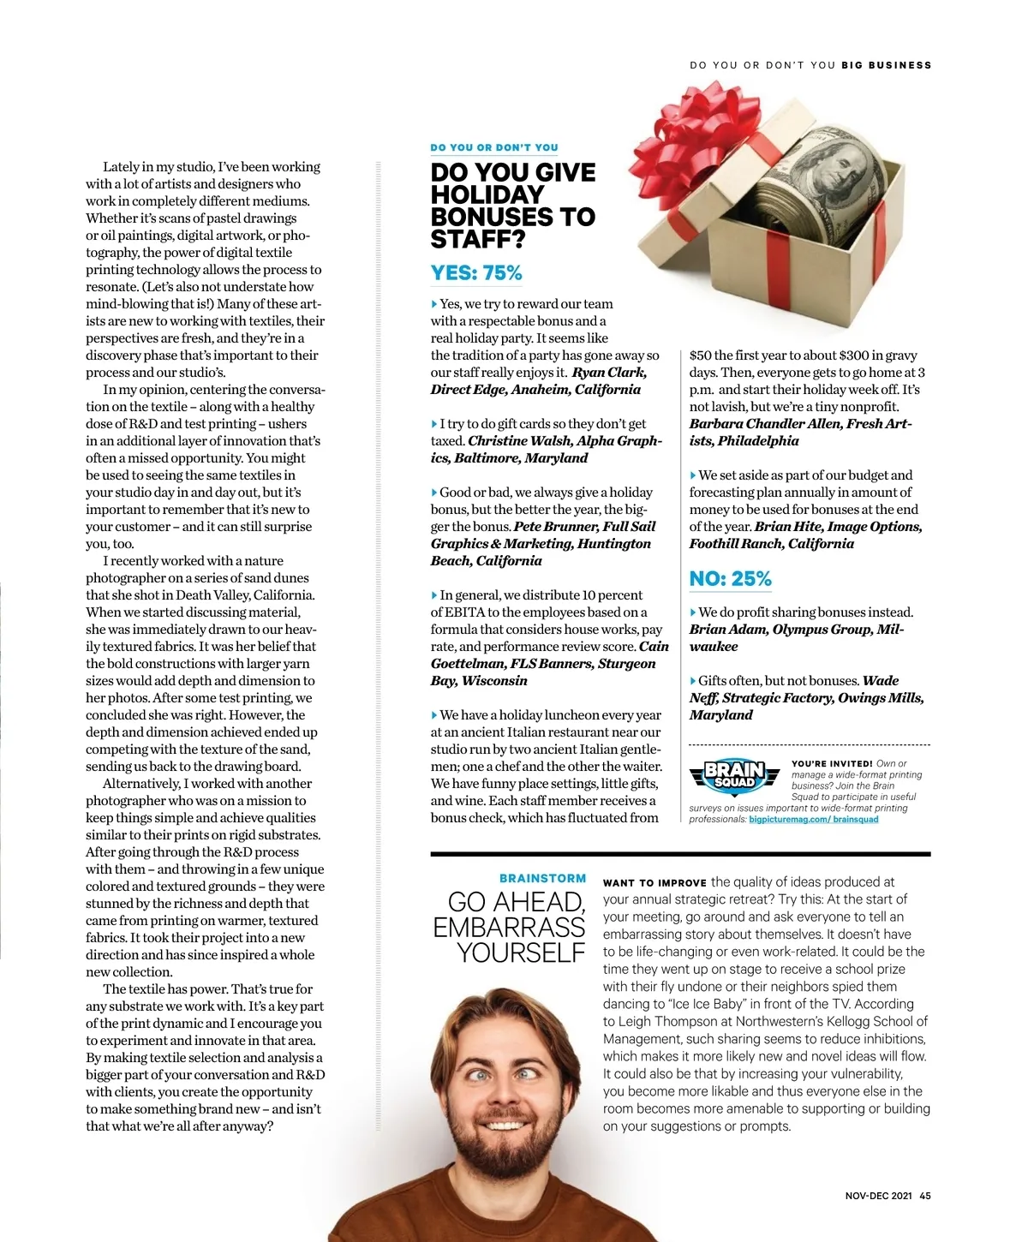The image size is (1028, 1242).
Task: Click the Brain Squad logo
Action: (x=734, y=774)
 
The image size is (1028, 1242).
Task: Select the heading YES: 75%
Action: (x=476, y=273)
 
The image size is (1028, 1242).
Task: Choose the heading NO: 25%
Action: (x=730, y=579)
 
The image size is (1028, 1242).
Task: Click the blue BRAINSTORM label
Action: (x=542, y=878)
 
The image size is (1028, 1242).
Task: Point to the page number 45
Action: (x=925, y=1196)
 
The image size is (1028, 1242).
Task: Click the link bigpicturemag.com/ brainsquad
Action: (x=813, y=820)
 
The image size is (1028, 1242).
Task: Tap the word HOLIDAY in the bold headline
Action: (x=487, y=195)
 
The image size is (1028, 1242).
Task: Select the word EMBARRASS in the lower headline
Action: (x=509, y=928)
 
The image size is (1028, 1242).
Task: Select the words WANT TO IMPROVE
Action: (x=654, y=883)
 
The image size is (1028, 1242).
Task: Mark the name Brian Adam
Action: (x=727, y=630)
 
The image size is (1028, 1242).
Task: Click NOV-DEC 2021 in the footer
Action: (x=878, y=1196)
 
